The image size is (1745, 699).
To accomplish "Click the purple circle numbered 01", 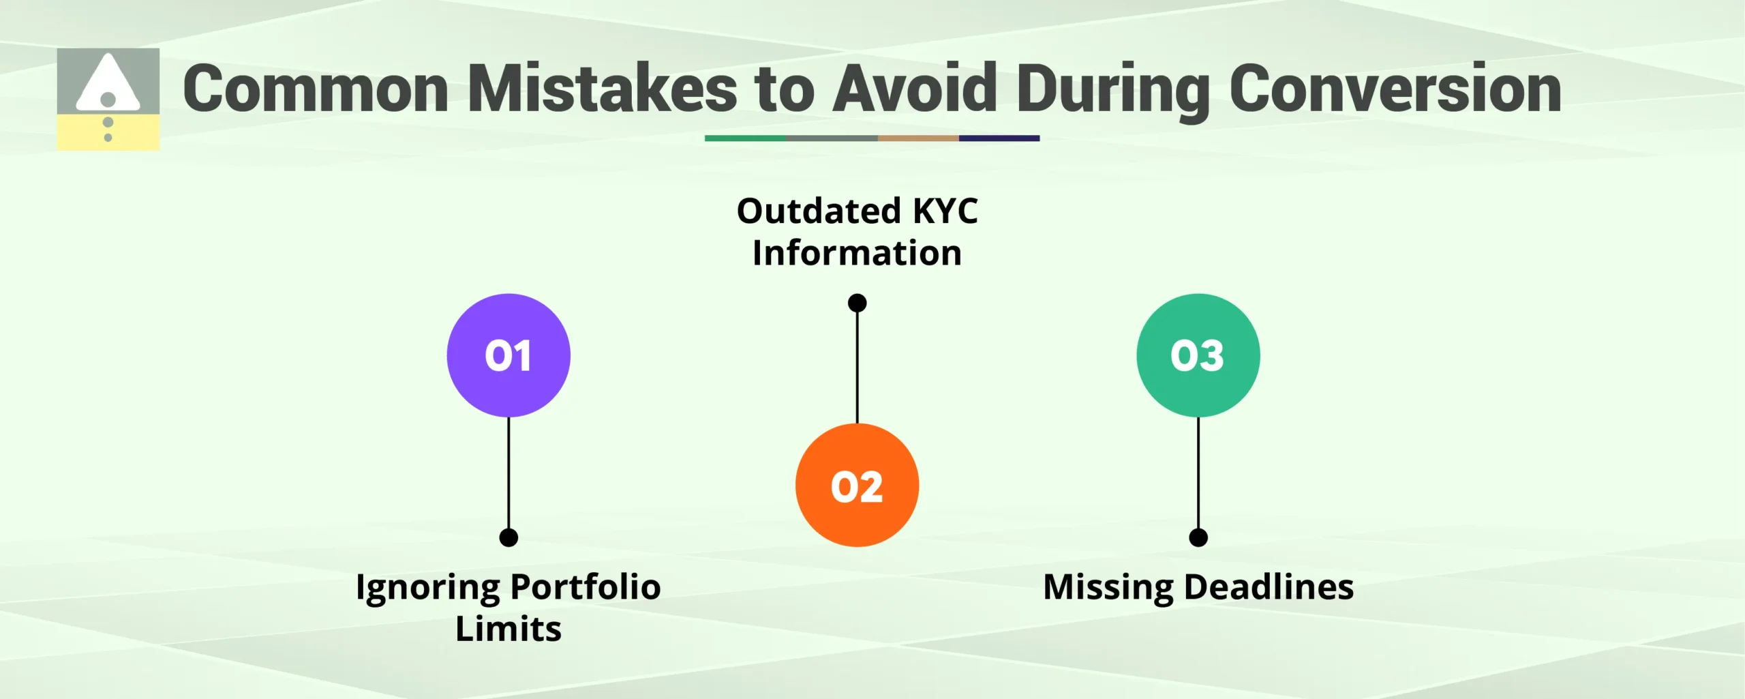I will [509, 355].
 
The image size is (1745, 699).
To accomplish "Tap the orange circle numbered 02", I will [857, 485].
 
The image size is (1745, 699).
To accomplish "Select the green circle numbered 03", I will [1198, 355].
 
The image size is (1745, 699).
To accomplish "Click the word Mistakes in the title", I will [603, 89].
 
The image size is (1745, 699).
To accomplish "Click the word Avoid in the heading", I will [915, 89].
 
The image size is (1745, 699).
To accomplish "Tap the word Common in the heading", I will [316, 89].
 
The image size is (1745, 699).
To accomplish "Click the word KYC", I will [945, 211].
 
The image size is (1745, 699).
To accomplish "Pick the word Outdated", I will [819, 211].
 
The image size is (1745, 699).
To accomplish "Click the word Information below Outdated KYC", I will [857, 253].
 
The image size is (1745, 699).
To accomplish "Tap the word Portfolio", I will [585, 586].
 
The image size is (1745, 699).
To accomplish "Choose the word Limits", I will [509, 629].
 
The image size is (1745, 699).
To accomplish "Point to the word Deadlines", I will [1269, 586].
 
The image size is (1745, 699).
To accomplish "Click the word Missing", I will [1108, 588].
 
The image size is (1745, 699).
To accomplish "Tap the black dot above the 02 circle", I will [857, 303].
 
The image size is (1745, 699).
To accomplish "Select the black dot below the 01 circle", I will [509, 537].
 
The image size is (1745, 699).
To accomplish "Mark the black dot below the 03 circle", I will [1198, 537].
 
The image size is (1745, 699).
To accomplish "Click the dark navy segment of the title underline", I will [999, 138].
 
